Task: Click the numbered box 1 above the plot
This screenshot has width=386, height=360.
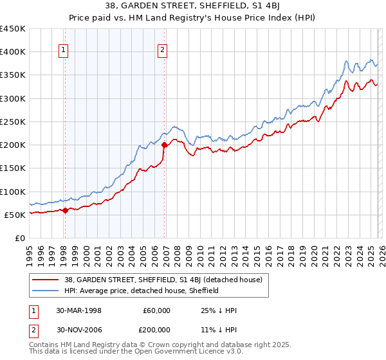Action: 64,52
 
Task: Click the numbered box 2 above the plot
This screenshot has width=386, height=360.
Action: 163,52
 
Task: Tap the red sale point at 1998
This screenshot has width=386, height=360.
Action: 66,210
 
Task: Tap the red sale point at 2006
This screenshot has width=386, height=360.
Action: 164,145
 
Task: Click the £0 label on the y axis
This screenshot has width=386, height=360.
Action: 19,238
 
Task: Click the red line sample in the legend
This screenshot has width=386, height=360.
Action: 46,280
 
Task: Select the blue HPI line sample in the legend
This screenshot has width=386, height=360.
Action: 46,291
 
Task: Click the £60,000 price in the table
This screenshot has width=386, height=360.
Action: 156,310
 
